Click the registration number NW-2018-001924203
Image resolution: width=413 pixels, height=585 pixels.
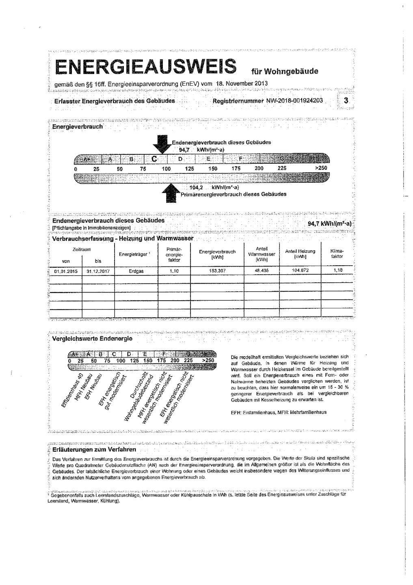tap(294, 100)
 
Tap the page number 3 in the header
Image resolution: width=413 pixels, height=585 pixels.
tap(346, 100)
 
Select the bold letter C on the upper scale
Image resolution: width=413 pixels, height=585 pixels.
tap(154, 158)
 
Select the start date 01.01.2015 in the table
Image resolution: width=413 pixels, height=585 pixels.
tap(66, 271)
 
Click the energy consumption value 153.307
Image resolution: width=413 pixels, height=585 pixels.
tap(217, 271)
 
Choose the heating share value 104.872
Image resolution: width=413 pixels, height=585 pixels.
tap(300, 271)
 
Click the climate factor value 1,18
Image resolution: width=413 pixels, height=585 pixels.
tap(338, 271)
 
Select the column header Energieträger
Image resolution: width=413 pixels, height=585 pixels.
tap(133, 254)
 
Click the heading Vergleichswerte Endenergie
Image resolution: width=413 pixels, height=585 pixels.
tap(92, 338)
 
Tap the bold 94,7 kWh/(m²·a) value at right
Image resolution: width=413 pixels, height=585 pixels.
tap(329, 224)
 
